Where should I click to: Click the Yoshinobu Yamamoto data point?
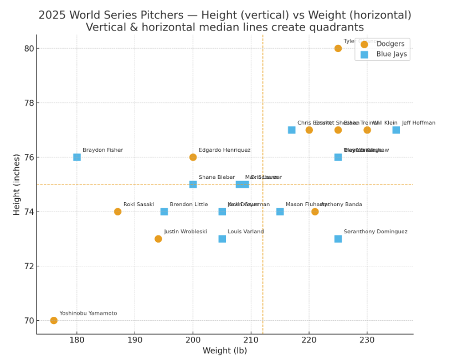click(x=54, y=320)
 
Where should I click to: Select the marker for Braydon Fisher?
click(x=77, y=157)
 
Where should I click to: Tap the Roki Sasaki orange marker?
click(x=117, y=212)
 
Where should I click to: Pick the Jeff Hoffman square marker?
click(x=396, y=130)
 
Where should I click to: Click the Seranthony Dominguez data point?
click(x=338, y=239)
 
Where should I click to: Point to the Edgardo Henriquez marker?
click(x=193, y=157)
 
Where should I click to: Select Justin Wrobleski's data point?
click(x=158, y=239)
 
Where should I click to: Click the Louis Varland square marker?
click(x=222, y=239)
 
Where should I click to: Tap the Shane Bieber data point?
click(x=193, y=184)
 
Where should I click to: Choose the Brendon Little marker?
click(x=164, y=212)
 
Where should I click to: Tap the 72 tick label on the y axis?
click(x=28, y=266)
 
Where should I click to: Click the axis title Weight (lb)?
click(x=225, y=351)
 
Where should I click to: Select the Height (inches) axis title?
click(x=17, y=184)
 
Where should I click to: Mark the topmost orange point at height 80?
click(x=338, y=48)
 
